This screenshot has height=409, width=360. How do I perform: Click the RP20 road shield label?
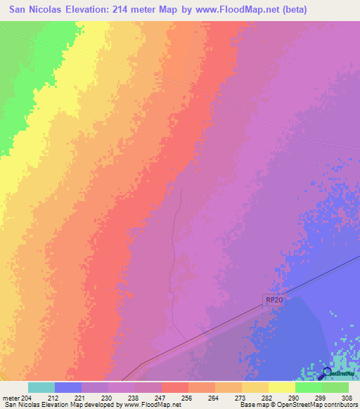click(276, 299)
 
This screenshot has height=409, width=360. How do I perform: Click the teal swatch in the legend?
click(41, 387)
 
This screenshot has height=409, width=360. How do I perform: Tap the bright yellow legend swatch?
click(281, 387)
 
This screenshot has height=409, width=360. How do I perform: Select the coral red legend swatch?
click(174, 387)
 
